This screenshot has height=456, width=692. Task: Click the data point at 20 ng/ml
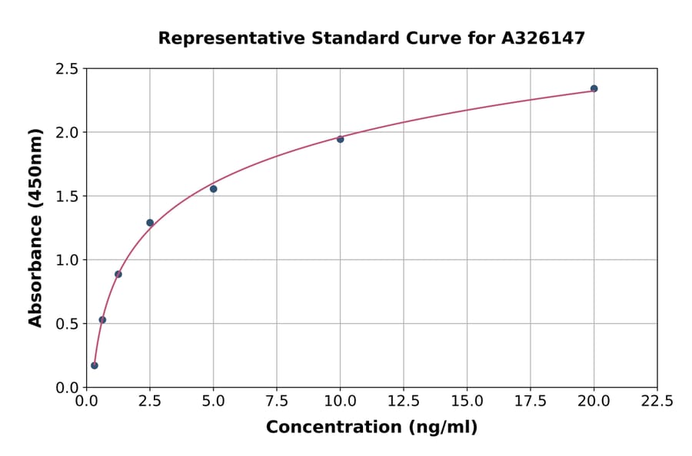[x=594, y=88]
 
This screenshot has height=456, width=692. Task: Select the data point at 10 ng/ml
[x=340, y=139]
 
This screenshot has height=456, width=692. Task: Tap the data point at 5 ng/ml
[x=213, y=189]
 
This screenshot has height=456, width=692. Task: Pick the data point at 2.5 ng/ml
[x=150, y=223]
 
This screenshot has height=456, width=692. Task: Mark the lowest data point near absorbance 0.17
[x=95, y=365]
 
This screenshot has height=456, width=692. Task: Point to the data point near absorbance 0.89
[x=118, y=274]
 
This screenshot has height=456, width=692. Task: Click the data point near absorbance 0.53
[x=102, y=319]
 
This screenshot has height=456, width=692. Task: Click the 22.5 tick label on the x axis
[x=657, y=401]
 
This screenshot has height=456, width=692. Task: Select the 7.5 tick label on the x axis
[x=277, y=401]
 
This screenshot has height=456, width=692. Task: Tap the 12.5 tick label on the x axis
[x=404, y=401]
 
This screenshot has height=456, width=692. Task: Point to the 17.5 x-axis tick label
[x=531, y=401]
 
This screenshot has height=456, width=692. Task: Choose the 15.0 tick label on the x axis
[x=467, y=401]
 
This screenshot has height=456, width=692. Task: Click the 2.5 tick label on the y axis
[x=67, y=69]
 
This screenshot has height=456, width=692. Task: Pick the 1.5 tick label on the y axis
[x=67, y=197]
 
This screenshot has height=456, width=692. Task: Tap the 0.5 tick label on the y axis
[x=67, y=324]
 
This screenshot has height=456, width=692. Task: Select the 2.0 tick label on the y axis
[x=67, y=133]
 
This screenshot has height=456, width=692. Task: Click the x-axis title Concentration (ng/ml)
[x=371, y=428]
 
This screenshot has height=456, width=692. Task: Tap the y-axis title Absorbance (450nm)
[x=35, y=227]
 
